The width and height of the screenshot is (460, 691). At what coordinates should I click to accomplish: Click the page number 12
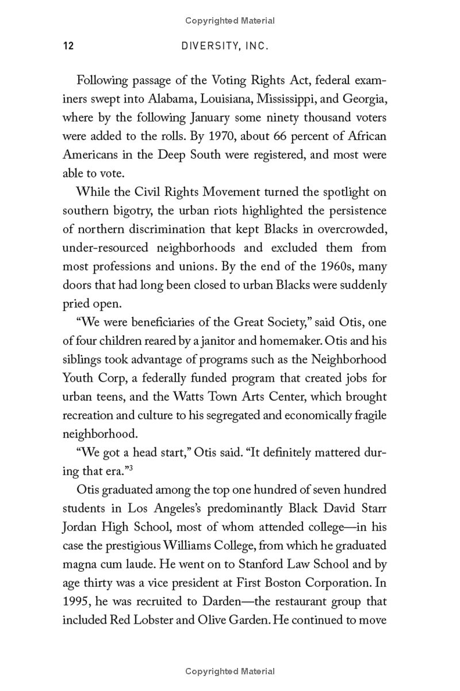click(68, 46)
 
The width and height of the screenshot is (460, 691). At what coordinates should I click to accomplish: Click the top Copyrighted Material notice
click(230, 21)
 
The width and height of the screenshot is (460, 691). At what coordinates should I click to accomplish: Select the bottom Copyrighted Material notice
click(230, 671)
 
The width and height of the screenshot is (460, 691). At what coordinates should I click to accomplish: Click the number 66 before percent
click(269, 136)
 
